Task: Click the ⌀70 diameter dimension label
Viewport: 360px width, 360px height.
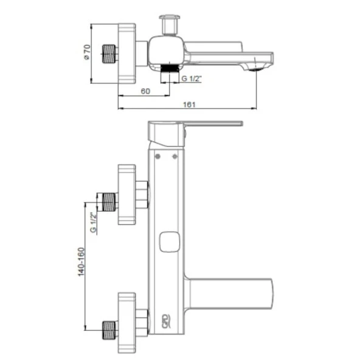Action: pyautogui.click(x=88, y=52)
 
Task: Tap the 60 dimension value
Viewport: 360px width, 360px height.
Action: pyautogui.click(x=145, y=91)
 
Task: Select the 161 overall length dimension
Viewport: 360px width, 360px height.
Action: pyautogui.click(x=189, y=105)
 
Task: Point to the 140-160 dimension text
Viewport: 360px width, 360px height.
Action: pyautogui.click(x=81, y=261)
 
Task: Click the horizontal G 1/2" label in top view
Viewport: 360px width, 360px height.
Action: pyautogui.click(x=192, y=78)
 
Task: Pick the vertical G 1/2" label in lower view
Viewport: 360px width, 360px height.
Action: pyautogui.click(x=93, y=223)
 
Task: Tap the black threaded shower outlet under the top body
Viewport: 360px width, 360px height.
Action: pyautogui.click(x=170, y=69)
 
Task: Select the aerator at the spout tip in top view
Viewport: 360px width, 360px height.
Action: pyautogui.click(x=255, y=69)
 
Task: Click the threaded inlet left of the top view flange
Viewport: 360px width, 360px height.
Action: pyautogui.click(x=108, y=54)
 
